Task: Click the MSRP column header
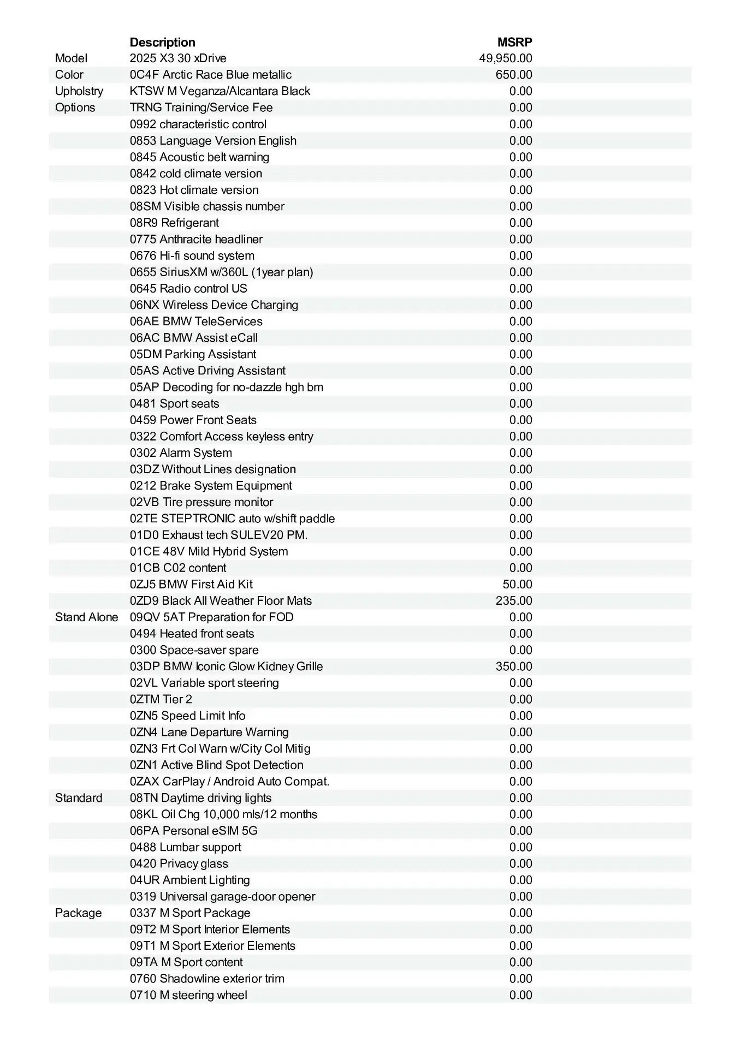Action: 514,42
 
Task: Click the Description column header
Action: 162,42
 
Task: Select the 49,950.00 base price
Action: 505,58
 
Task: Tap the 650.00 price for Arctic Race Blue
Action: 513,75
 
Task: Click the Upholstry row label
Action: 79,91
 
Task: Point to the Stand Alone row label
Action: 86,617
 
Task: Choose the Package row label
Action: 78,913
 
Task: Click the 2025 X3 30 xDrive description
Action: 178,58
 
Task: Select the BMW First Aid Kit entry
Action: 191,585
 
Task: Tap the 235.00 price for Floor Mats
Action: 513,601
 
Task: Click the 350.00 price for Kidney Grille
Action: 513,666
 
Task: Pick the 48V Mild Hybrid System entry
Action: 209,551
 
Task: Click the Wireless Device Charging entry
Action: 214,305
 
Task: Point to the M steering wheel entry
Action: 188,995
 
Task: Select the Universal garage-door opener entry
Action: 222,897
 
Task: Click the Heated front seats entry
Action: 192,634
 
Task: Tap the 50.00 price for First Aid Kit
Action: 517,585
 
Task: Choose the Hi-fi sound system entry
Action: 192,255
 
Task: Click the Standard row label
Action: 79,798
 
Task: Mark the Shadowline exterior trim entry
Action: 207,979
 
